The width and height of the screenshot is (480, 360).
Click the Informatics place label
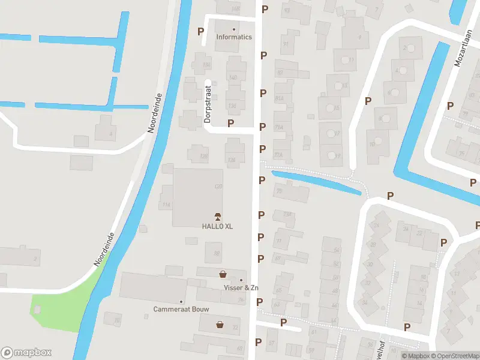(x=234, y=37)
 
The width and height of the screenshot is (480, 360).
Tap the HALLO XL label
(x=217, y=226)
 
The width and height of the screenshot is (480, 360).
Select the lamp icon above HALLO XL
(x=217, y=216)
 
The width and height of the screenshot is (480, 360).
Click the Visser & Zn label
(x=241, y=288)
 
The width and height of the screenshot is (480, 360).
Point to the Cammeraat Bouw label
(x=181, y=310)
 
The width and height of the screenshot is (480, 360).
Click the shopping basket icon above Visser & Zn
(x=223, y=274)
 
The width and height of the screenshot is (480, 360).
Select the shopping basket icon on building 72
(x=220, y=325)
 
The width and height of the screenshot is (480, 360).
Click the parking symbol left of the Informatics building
(x=200, y=31)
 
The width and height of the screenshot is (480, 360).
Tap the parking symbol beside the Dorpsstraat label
(x=230, y=122)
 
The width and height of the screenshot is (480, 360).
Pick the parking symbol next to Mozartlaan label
(x=450, y=106)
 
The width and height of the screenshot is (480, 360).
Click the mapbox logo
(x=26, y=353)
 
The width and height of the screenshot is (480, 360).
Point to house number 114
(x=166, y=205)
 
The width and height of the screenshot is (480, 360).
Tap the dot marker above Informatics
(x=234, y=29)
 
